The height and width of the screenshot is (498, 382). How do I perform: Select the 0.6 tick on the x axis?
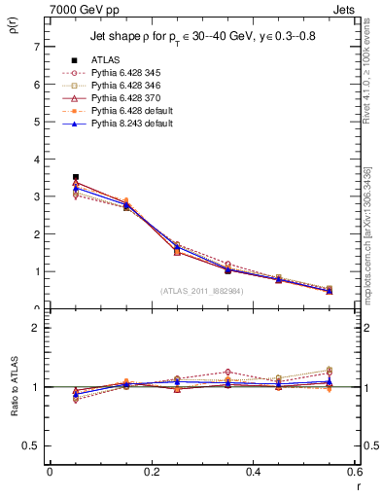[x=355, y=472]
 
